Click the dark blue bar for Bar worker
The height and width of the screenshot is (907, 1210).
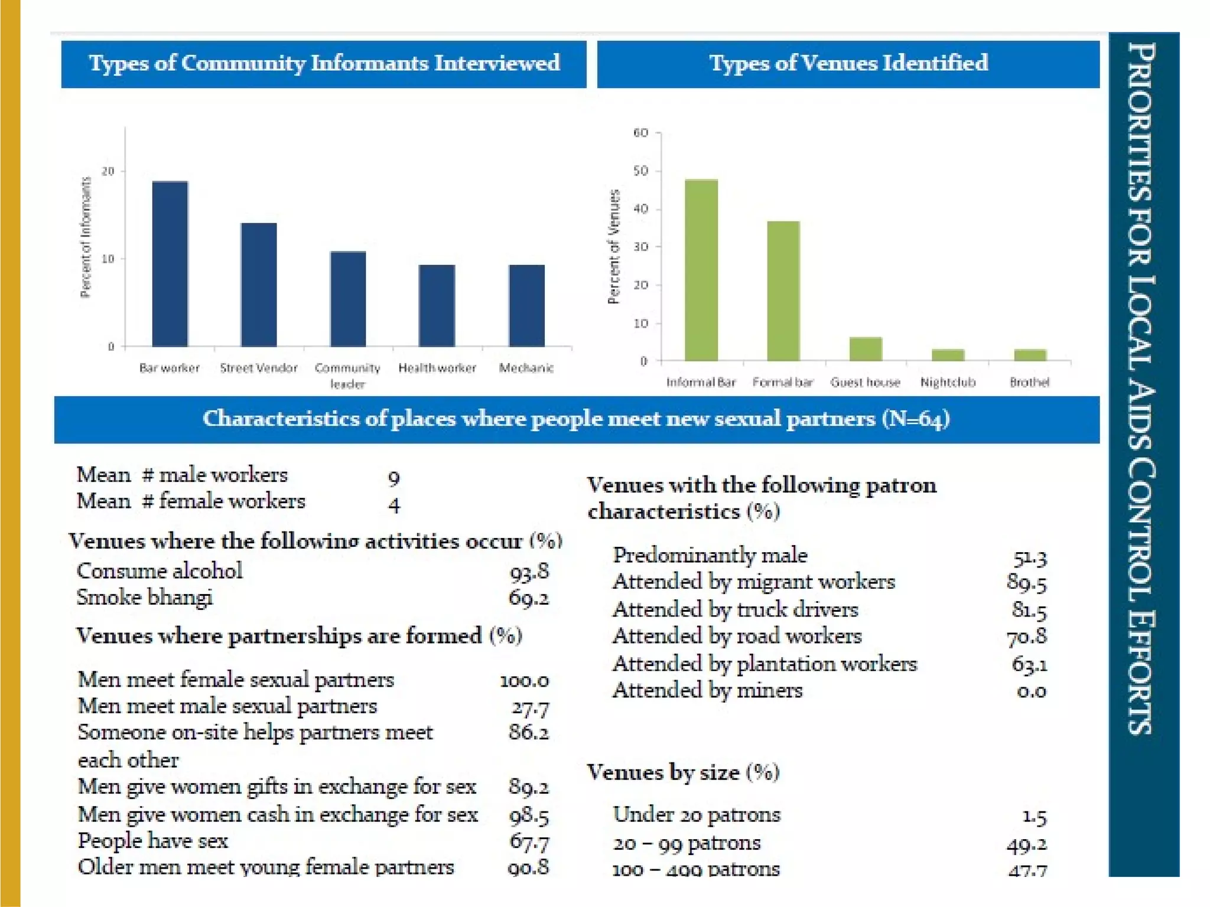170,263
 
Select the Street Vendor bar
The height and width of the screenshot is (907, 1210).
259,285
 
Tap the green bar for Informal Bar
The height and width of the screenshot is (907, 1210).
701,270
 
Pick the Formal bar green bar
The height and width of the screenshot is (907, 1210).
783,291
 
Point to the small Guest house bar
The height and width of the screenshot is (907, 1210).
866,348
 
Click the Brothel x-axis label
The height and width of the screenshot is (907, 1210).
1029,382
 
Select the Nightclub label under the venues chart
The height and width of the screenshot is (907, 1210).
948,382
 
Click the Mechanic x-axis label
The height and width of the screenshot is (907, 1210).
526,368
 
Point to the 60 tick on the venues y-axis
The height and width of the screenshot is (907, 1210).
640,133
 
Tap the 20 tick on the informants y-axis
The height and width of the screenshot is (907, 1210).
108,171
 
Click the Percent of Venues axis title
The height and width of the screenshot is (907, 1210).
614,247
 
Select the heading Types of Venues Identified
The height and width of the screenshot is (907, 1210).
848,63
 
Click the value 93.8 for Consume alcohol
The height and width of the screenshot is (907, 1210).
529,571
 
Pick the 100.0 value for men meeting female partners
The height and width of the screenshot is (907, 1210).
524,680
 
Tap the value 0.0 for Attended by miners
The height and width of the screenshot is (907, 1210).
1031,690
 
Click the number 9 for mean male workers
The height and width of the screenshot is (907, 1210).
394,477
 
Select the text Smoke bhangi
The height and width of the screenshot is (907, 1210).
145,598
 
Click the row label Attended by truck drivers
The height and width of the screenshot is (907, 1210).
735,609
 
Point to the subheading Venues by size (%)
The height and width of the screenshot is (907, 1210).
683,772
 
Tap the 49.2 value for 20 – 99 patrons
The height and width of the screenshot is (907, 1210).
1026,844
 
